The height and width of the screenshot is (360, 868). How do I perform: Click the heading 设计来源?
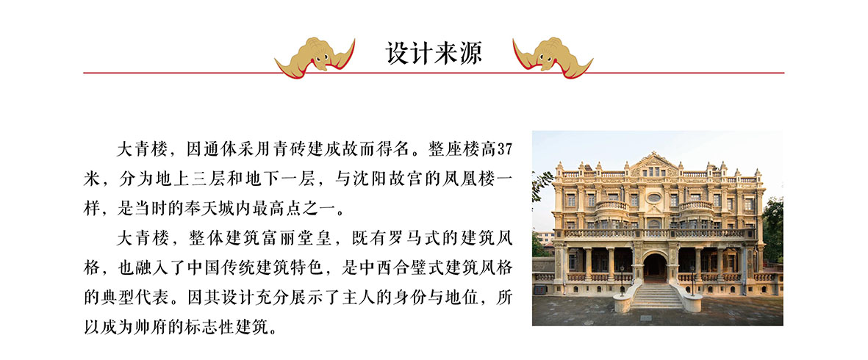pos(434,54)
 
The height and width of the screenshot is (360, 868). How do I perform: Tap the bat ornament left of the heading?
pos(315,57)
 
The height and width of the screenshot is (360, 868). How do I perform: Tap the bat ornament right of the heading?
pos(553,57)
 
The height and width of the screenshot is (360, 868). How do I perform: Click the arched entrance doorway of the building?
pos(655,268)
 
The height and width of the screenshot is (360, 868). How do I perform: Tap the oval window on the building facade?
pos(654,198)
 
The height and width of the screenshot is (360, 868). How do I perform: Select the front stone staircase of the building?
pos(656,296)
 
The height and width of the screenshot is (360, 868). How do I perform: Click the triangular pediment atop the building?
pos(655,164)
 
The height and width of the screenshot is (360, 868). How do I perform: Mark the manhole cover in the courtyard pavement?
pos(646,318)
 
